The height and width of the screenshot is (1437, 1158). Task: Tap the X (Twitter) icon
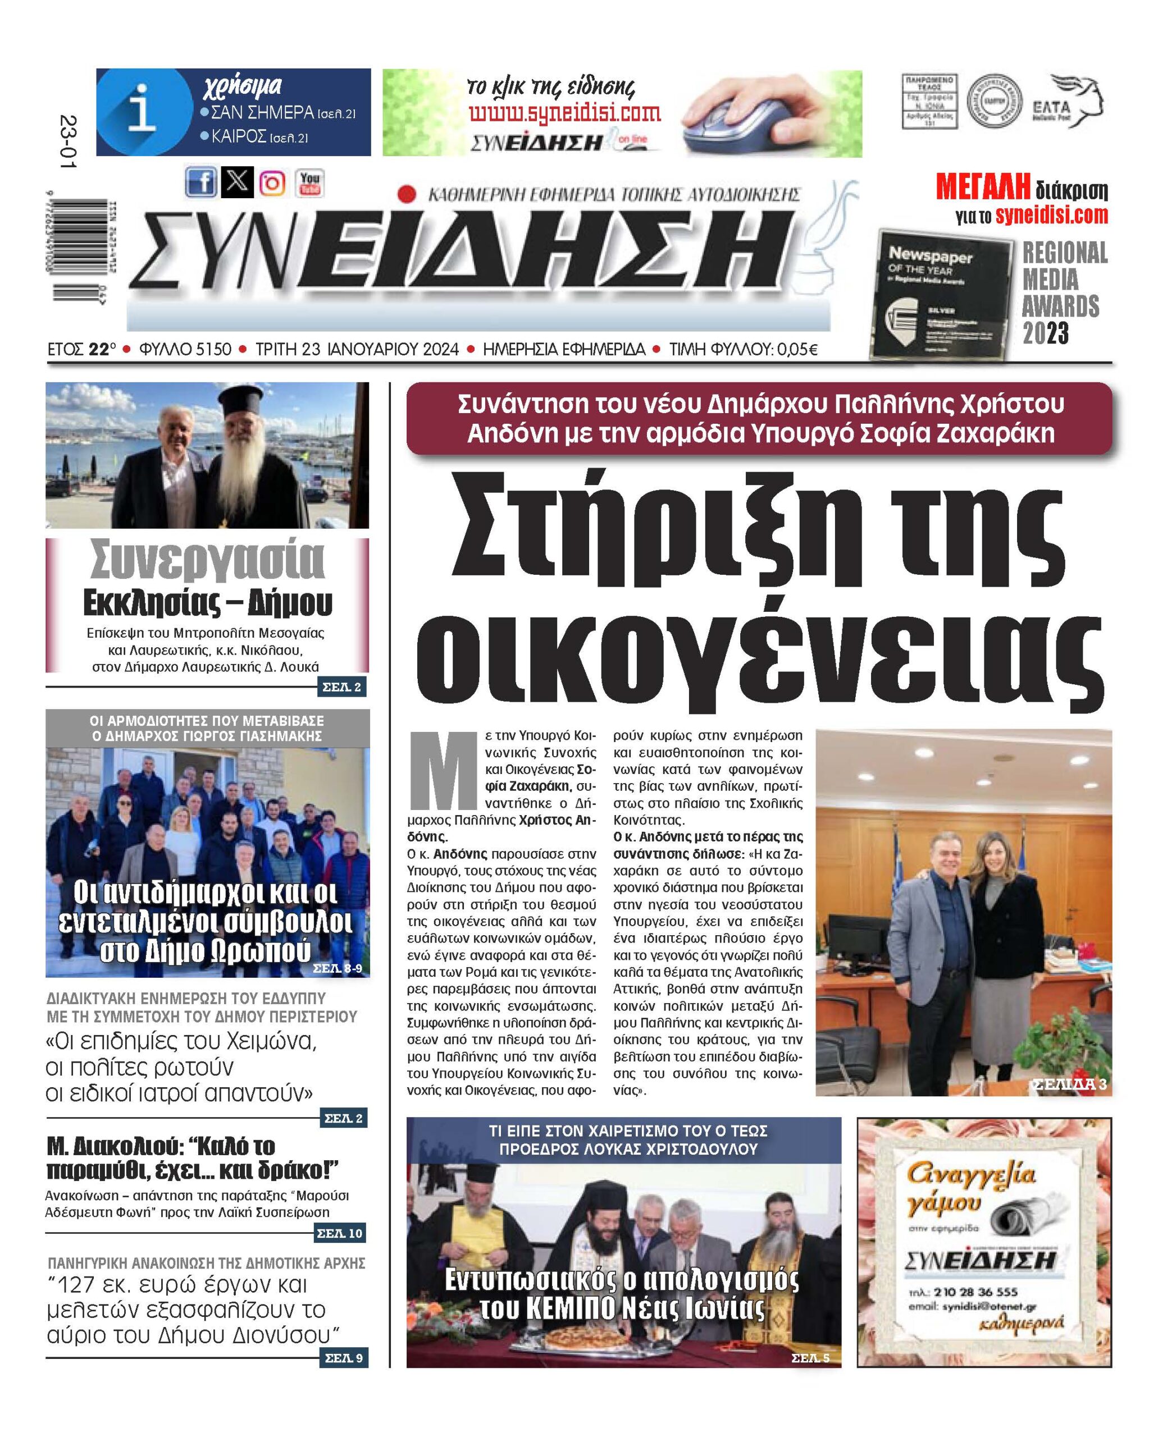tap(237, 182)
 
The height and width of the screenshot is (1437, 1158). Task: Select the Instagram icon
tap(272, 182)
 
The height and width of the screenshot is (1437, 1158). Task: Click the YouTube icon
tap(309, 182)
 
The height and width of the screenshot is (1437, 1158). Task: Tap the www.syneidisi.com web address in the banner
tap(564, 113)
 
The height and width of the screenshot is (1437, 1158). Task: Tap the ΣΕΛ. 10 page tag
tap(340, 1252)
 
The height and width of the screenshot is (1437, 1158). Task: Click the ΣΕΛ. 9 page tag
tap(344, 1358)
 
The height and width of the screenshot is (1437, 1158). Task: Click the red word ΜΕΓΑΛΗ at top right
tap(982, 189)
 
